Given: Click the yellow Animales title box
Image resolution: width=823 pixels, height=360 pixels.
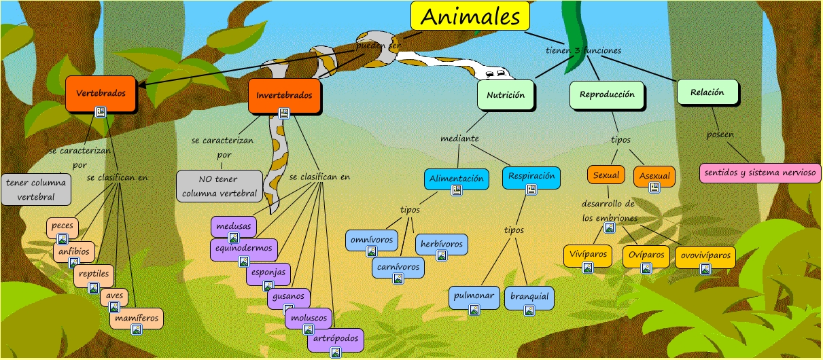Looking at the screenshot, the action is (x=470, y=16).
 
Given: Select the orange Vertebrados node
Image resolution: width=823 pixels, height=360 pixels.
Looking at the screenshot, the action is (x=101, y=93).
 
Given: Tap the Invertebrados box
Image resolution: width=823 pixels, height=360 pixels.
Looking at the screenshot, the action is (x=284, y=94).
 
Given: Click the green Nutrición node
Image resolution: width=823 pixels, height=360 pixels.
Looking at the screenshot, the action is (x=506, y=95).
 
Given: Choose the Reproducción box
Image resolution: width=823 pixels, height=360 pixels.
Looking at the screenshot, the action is (x=607, y=94).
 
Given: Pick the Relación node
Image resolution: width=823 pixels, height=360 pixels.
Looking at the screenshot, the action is (x=707, y=92).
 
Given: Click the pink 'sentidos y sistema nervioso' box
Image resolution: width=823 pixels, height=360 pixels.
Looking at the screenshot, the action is (x=758, y=173).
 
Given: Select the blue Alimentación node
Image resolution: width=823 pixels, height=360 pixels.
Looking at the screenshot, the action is (x=457, y=179).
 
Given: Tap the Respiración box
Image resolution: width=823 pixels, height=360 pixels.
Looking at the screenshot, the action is (x=531, y=177).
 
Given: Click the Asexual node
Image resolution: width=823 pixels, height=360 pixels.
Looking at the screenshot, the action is (x=654, y=176).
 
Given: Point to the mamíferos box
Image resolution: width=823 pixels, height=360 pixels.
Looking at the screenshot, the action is (x=137, y=317).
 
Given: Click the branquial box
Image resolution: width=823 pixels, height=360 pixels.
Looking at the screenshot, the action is (x=529, y=297).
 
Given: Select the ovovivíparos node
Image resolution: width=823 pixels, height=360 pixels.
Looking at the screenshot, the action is (x=705, y=256).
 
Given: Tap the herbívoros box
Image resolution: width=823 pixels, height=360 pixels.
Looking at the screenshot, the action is (x=441, y=244).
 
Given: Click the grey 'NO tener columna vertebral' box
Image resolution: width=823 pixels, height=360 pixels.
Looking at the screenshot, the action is (x=219, y=186).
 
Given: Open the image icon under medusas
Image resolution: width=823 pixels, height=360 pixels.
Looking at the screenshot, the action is (x=233, y=237).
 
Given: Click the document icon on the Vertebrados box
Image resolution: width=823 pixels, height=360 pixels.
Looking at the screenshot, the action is (x=101, y=112).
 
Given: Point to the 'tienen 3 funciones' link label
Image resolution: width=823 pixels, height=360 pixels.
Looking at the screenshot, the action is (x=583, y=50).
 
